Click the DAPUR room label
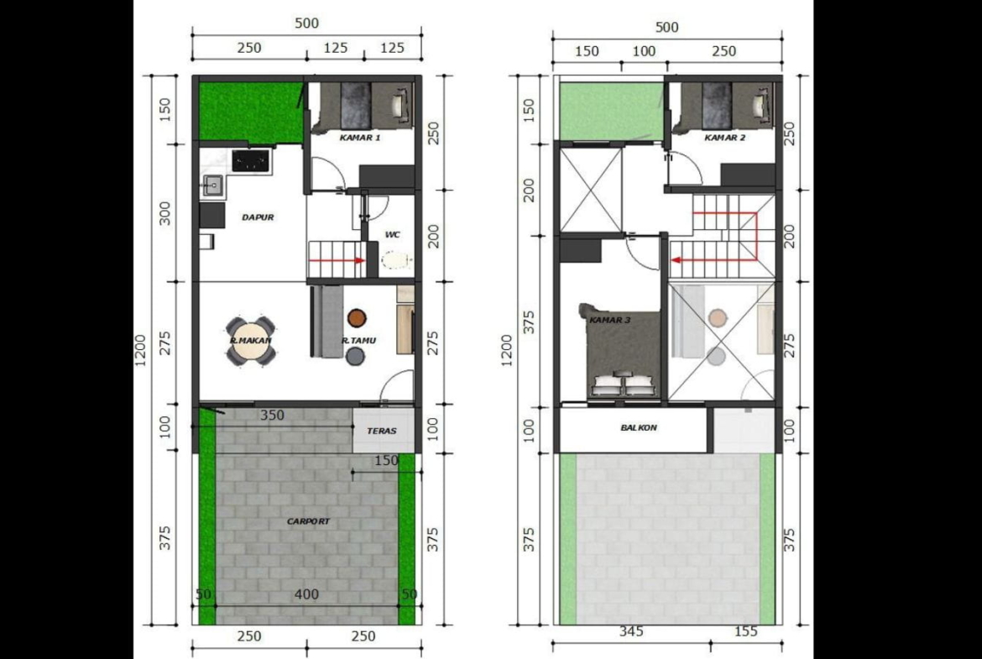(258, 217)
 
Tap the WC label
(393, 235)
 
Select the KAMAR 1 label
(359, 137)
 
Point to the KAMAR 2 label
(724, 137)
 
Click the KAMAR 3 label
(609, 320)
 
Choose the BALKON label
(639, 428)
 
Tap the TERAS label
(381, 431)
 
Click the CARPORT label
(308, 521)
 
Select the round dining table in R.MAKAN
(250, 342)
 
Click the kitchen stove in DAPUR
(251, 160)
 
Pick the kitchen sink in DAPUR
(212, 185)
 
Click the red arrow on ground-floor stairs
(337, 260)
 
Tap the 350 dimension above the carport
(273, 415)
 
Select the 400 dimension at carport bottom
(307, 594)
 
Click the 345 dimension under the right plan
(630, 630)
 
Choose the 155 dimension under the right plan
(745, 630)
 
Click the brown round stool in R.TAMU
(357, 318)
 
